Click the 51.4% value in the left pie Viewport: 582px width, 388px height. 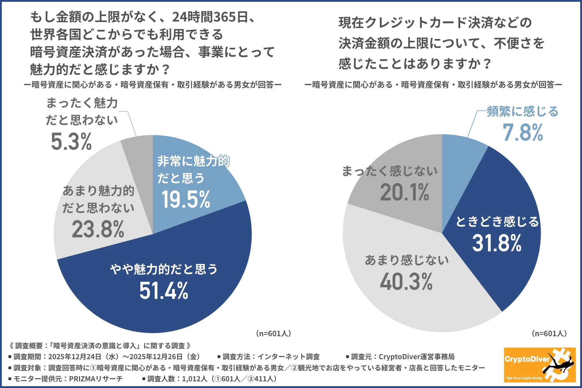pos(164,290)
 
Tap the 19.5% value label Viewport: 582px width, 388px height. pos(186,199)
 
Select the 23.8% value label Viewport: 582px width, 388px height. pos(98,229)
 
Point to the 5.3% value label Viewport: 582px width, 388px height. pos(71,142)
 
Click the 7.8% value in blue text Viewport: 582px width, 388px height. pos(523,132)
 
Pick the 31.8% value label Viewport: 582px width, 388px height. pos(497,243)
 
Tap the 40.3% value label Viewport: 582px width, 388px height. pos(406,282)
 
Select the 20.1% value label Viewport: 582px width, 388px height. pos(404,192)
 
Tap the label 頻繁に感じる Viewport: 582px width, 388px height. pos(523,112)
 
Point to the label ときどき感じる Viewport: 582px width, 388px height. pos(497,222)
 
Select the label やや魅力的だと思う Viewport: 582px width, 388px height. pos(164,269)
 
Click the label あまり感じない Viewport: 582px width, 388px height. pos(406,260)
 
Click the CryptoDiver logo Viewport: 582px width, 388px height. pos(540,365)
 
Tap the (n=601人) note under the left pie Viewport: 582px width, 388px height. pos(273,333)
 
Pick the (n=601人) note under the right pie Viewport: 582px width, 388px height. pos(549,333)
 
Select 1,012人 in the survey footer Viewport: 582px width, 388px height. pos(194,379)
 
